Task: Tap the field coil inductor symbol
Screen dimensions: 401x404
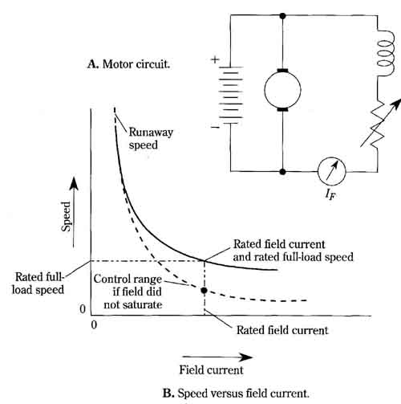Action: click(x=385, y=54)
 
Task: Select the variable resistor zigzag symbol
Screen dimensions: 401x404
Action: click(x=378, y=124)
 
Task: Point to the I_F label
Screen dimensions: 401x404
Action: click(x=330, y=194)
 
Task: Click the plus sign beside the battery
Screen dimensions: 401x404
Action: click(x=215, y=59)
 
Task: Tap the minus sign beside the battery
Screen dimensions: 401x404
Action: click(x=215, y=128)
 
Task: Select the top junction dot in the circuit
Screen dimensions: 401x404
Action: click(x=282, y=16)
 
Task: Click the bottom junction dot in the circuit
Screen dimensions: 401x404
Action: click(x=282, y=172)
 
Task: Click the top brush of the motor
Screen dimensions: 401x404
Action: click(x=282, y=71)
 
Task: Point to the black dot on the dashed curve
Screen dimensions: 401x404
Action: click(x=204, y=291)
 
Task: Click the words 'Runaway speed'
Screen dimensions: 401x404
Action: click(x=151, y=139)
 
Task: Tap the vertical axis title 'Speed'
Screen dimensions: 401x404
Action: click(x=66, y=217)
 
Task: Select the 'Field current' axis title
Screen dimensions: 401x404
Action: click(x=211, y=370)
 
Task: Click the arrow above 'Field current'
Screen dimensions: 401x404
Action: click(x=217, y=357)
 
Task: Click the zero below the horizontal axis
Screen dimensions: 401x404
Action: click(x=94, y=324)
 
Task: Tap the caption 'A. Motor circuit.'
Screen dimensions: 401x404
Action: click(x=128, y=64)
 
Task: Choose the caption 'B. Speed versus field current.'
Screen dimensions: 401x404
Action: click(x=236, y=394)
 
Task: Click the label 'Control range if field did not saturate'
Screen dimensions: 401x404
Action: click(x=128, y=292)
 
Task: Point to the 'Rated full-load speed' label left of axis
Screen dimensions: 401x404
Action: click(x=38, y=284)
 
